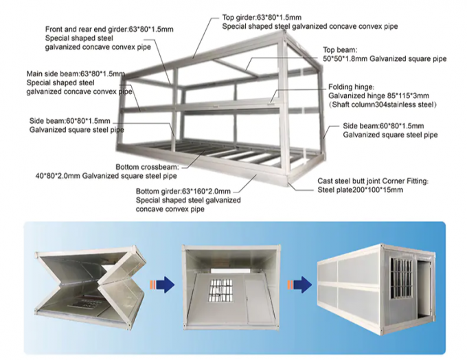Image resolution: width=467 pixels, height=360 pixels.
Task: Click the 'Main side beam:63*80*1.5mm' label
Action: pyautogui.click(x=76, y=73)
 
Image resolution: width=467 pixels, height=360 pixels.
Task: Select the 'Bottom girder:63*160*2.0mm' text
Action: pyautogui.click(x=183, y=191)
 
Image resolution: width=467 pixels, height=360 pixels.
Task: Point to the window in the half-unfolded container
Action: pyautogui.click(x=222, y=291)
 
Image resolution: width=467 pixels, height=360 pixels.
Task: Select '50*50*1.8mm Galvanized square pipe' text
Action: pyautogui.click(x=385, y=59)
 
